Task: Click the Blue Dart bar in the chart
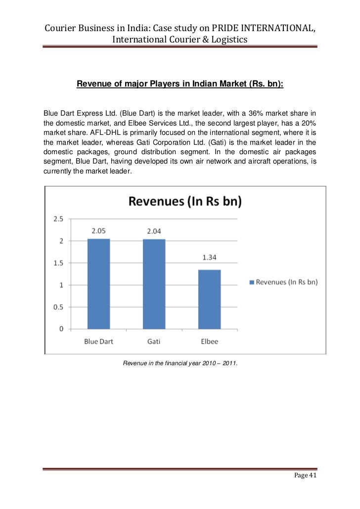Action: click(98, 284)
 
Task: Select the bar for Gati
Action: click(154, 284)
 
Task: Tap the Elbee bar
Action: click(210, 299)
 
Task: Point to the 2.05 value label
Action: click(99, 231)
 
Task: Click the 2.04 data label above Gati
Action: click(154, 231)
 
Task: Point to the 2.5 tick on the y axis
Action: click(58, 219)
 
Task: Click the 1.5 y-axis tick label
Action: click(58, 263)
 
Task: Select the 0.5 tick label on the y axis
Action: click(58, 307)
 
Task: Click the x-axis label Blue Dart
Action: click(99, 341)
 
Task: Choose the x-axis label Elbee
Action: click(210, 341)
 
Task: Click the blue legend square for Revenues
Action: click(251, 282)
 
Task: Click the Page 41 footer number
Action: click(305, 476)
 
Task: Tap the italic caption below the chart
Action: click(180, 364)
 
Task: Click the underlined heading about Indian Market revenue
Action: click(180, 84)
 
